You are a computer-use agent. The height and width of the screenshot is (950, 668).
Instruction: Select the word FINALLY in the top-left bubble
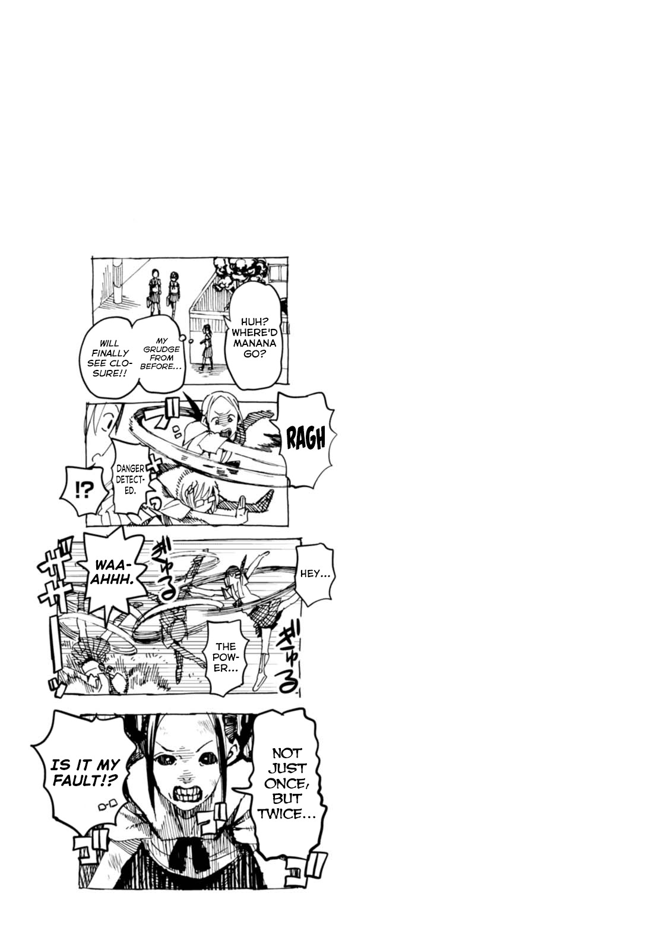tap(108, 353)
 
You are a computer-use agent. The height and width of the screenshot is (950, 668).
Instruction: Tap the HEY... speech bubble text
tap(315, 574)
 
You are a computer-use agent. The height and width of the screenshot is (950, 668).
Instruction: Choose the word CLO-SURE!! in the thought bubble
tap(108, 369)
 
